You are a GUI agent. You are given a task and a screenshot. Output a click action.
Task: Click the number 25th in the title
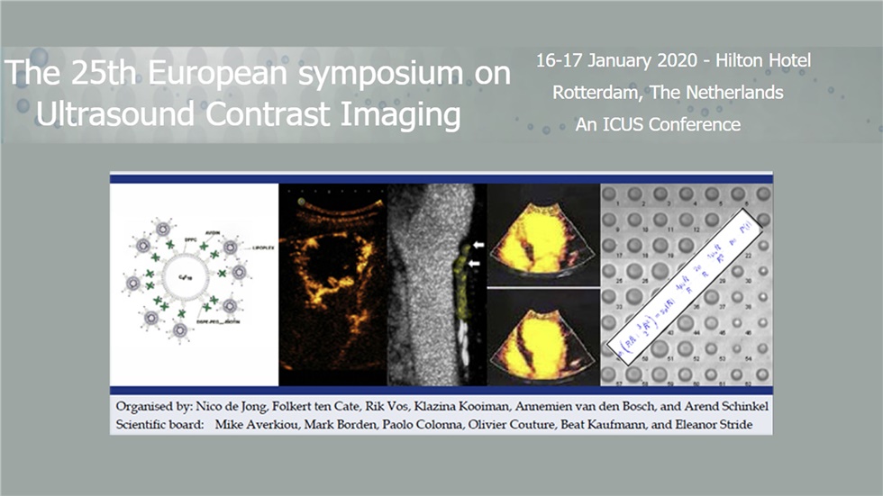(94, 74)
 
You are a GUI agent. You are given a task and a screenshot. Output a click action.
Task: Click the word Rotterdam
(594, 93)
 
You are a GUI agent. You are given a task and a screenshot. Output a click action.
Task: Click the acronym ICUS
(621, 124)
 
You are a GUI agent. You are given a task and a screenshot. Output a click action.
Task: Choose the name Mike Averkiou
(258, 422)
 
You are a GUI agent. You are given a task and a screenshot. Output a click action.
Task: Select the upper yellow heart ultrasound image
(542, 236)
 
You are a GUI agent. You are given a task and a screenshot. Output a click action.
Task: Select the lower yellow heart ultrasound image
(542, 338)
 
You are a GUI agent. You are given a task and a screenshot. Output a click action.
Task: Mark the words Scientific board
(159, 422)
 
